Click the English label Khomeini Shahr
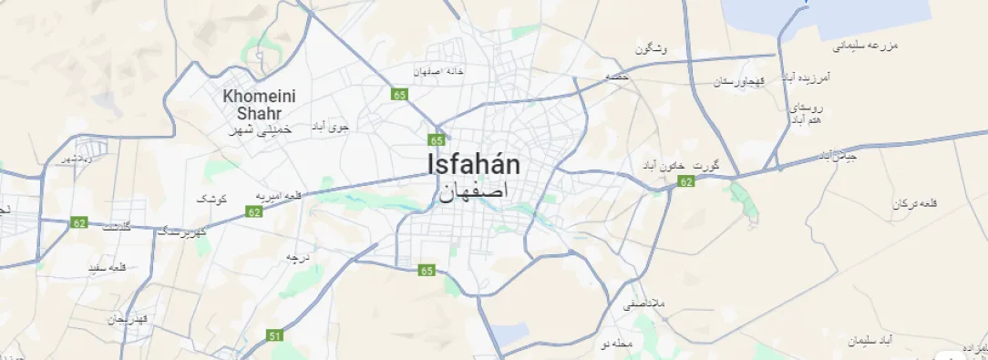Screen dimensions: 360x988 coord(252,104)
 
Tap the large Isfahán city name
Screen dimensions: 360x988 coord(474,165)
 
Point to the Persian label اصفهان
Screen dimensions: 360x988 coord(473,192)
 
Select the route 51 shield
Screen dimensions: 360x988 coord(275,336)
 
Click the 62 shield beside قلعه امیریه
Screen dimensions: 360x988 coord(253,212)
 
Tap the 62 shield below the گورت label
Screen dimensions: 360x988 coord(686,182)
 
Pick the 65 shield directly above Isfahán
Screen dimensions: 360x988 coord(437,139)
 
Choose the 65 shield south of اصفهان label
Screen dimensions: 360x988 coord(427,271)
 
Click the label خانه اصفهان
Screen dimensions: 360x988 coord(440,70)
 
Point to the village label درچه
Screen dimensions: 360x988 coord(299,257)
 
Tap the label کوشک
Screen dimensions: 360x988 coord(212,198)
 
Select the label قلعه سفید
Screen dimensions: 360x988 coord(107,268)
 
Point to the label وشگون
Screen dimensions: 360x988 coord(652,48)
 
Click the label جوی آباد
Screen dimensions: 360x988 coord(331,127)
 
